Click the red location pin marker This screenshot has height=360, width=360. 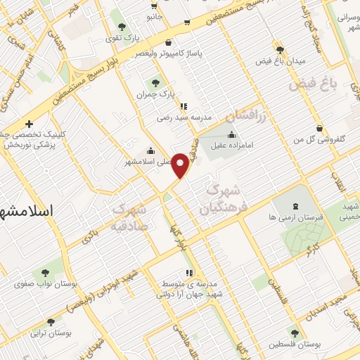181,165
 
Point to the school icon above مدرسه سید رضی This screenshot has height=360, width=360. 184,107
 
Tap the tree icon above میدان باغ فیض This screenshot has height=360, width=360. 281,49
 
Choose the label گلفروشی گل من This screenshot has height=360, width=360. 323,141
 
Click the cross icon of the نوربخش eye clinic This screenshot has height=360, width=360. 29,124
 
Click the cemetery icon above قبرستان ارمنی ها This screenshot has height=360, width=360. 295,206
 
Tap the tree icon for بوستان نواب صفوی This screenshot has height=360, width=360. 45,272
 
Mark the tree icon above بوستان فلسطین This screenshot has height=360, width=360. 293,333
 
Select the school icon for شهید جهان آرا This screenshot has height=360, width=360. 188,273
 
